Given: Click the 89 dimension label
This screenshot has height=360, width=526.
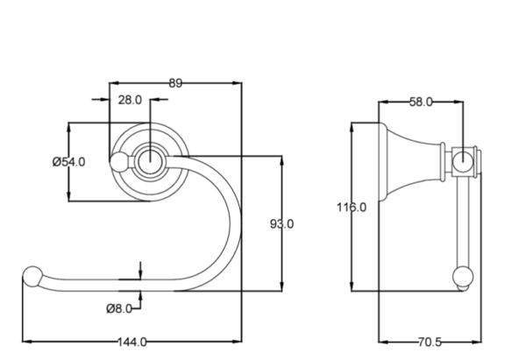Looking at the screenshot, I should click(x=174, y=83).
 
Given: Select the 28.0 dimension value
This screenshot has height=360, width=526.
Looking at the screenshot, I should click(x=130, y=100).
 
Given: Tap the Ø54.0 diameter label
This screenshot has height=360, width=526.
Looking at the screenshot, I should click(x=68, y=161).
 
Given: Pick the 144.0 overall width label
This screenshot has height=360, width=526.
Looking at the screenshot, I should click(x=131, y=342).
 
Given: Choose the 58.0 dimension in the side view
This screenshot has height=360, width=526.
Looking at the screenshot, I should click(x=421, y=102).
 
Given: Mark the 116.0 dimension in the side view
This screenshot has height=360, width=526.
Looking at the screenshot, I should click(x=352, y=207).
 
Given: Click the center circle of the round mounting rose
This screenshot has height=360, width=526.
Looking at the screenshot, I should click(x=150, y=160).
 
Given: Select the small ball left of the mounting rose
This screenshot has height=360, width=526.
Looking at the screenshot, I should click(x=118, y=160).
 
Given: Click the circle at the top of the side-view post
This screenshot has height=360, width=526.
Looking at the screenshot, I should click(x=461, y=160).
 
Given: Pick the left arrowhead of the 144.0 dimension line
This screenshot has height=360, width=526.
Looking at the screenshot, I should click(x=24, y=342).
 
